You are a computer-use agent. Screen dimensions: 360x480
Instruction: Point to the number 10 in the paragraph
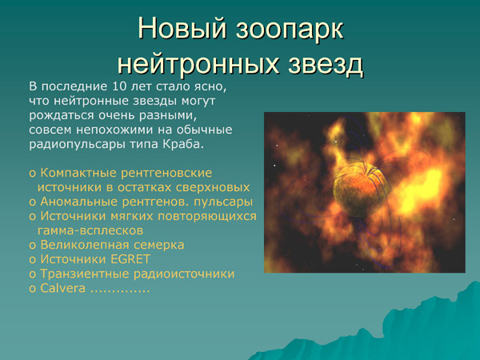120,86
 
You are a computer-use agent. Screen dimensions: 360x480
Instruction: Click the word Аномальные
76,201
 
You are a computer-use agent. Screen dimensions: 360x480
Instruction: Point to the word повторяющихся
208,216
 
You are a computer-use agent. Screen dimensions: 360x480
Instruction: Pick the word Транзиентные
82,274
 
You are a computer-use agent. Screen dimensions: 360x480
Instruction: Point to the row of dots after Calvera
120,290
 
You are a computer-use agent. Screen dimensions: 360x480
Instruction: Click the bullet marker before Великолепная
32,246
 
